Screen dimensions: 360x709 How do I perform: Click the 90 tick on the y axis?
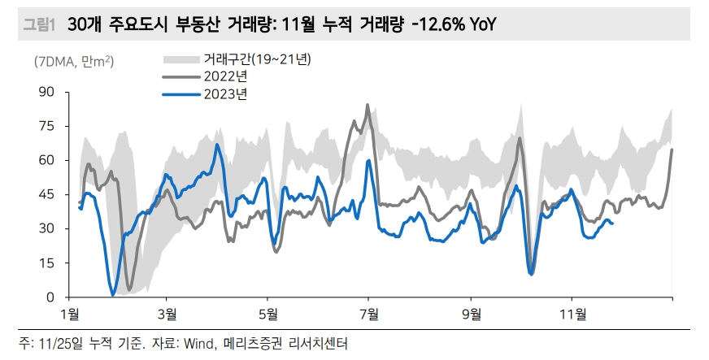click(46, 92)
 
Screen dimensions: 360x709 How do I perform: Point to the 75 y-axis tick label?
click(46, 126)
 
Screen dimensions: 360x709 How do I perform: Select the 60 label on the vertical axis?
click(46, 160)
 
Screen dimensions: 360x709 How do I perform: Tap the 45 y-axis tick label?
click(46, 194)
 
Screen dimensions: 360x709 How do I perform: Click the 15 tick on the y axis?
click(46, 262)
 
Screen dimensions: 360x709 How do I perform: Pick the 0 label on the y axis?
click(50, 297)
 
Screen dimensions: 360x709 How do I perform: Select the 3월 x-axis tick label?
click(167, 314)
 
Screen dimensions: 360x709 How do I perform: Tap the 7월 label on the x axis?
click(369, 314)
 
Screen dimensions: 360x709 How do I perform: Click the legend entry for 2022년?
click(223, 76)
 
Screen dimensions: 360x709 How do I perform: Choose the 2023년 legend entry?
click(223, 94)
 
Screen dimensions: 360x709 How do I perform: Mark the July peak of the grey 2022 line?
click(368, 105)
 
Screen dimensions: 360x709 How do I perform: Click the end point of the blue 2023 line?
click(612, 223)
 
